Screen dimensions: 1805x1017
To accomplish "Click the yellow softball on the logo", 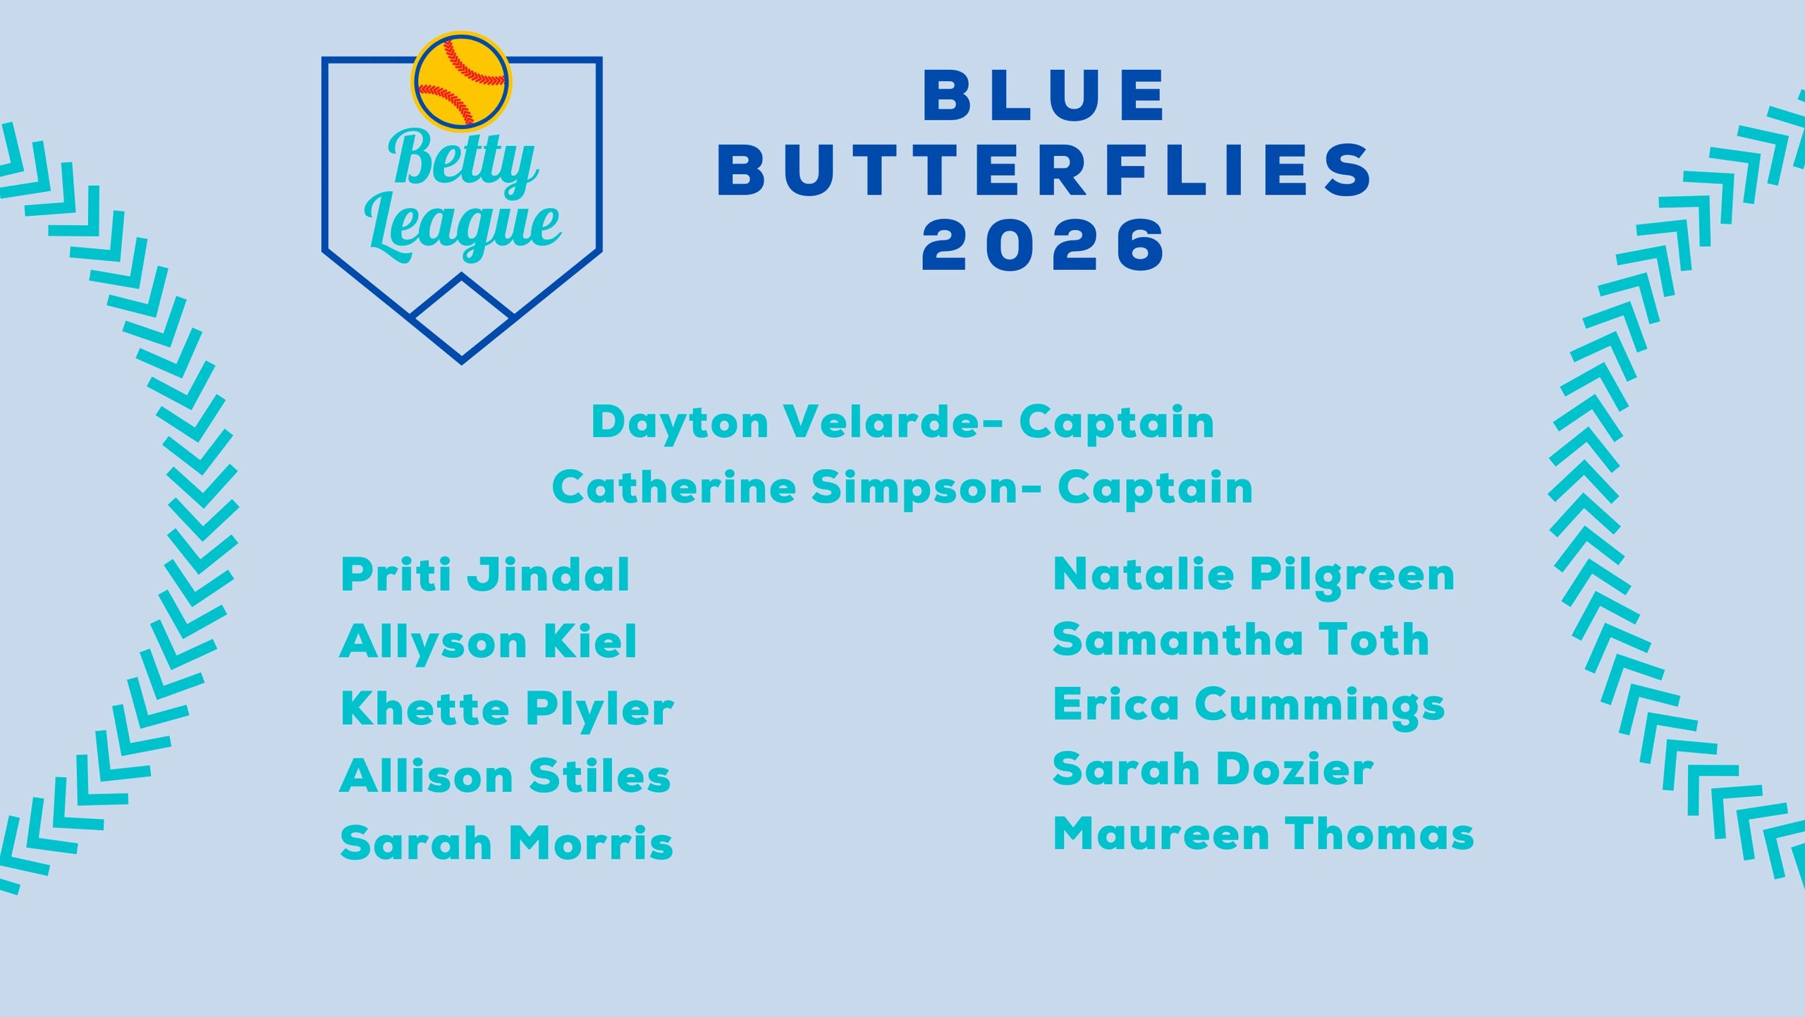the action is click(462, 82).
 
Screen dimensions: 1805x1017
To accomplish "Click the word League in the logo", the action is click(463, 226).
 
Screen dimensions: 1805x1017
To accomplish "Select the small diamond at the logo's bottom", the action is click(462, 316).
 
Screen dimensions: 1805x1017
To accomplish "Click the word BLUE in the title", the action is click(1044, 95).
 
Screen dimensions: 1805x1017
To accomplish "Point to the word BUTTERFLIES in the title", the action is click(1044, 170).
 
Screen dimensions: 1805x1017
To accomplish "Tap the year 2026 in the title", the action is click(1044, 245).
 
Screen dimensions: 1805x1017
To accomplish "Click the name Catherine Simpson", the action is click(785, 487).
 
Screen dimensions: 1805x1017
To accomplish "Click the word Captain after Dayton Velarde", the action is click(1116, 422).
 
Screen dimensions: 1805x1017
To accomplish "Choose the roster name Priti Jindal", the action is click(485, 575).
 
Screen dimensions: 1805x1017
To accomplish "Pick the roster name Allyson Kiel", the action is click(488, 642).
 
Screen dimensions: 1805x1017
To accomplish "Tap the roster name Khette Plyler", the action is click(507, 709).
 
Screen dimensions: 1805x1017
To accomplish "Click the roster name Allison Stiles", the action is click(505, 776).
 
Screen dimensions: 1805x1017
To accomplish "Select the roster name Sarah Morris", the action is click(506, 843).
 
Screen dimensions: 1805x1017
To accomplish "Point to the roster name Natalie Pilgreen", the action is click(1254, 575).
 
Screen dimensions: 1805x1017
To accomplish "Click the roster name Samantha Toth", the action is click(1241, 640).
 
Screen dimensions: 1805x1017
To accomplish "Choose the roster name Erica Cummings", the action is click(1249, 706).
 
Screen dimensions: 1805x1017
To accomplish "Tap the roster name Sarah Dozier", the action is click(1213, 769).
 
